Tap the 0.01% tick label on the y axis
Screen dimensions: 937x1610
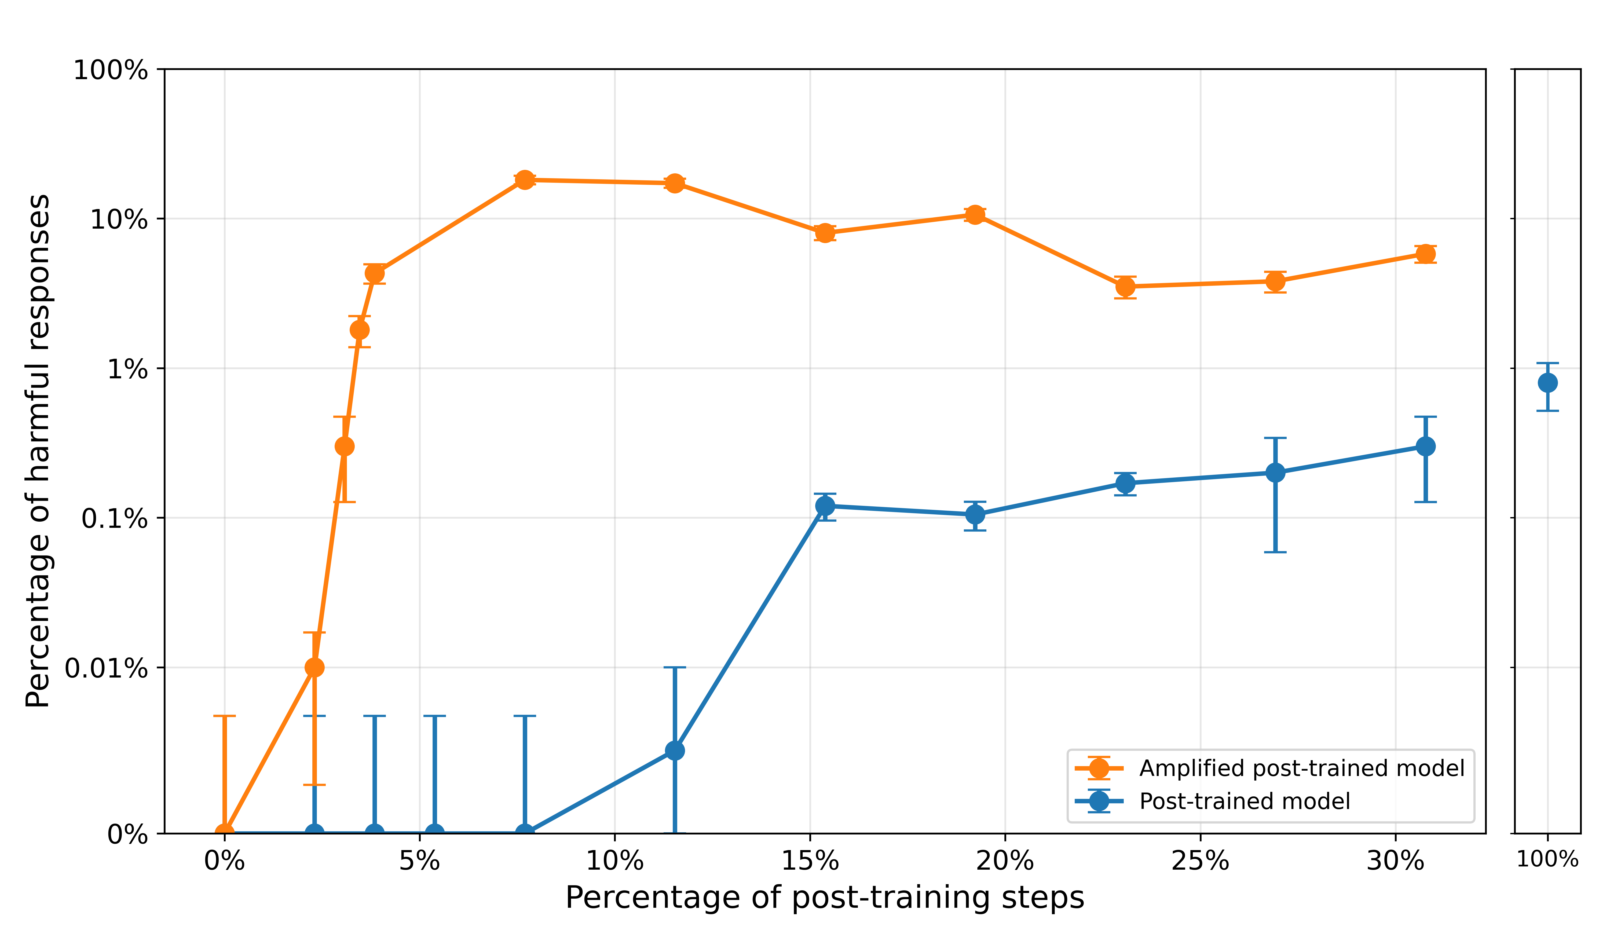pyautogui.click(x=106, y=668)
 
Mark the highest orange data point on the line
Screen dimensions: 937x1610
pyautogui.click(x=525, y=180)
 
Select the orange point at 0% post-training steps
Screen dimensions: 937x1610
pyautogui.click(x=224, y=833)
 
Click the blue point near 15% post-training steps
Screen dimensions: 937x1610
pyautogui.click(x=825, y=506)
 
